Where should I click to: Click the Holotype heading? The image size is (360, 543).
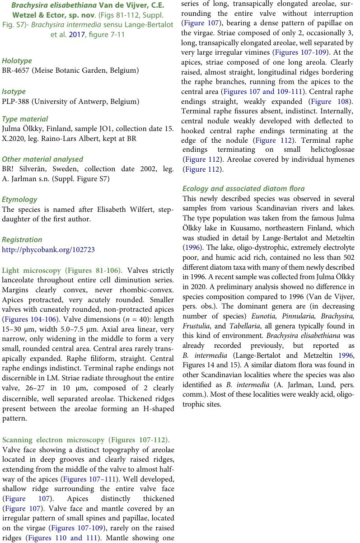(17, 61)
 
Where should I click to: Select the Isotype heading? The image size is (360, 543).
(14, 91)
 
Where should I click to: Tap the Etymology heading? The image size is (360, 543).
(19, 199)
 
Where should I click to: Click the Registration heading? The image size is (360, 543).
(22, 239)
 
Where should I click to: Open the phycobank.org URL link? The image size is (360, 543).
(48, 249)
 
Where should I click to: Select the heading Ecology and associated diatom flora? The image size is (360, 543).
(243, 188)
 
